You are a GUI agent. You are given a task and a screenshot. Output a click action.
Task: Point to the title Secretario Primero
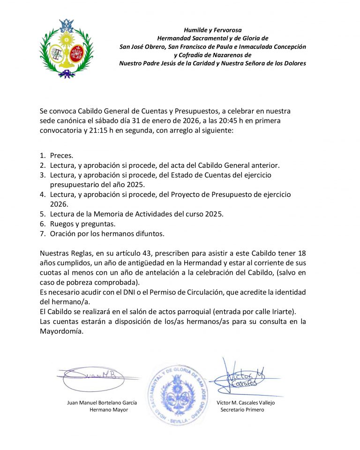242,410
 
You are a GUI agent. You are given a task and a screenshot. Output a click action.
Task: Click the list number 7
42,233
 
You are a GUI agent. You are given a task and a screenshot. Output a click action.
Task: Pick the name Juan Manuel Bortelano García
102,403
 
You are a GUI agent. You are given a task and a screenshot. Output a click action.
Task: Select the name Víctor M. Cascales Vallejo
246,403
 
